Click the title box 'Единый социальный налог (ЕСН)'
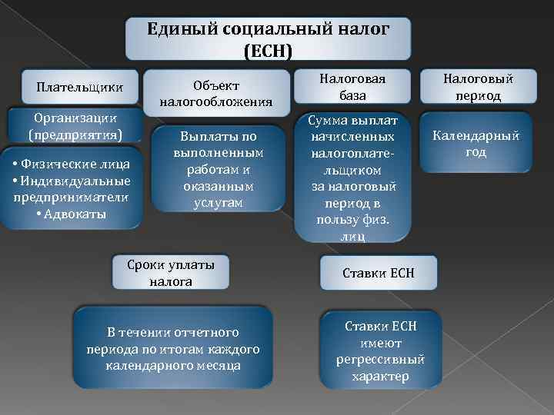coord(268,39)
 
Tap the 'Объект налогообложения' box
coord(216,92)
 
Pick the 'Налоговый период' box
coord(477,87)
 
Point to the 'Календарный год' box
coord(476,143)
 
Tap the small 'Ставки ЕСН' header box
coord(379,273)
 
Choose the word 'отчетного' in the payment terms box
coord(206,333)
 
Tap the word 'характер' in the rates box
coord(380,376)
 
